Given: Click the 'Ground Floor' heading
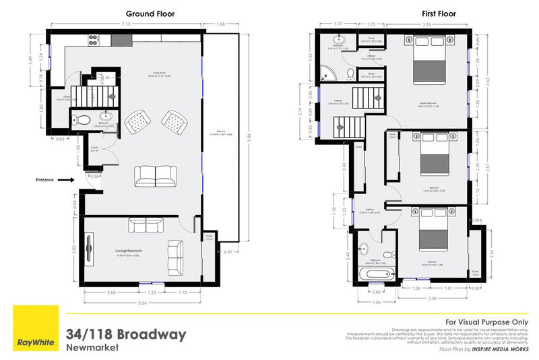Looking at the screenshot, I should point(146,13).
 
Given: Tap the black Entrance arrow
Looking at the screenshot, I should point(65,180).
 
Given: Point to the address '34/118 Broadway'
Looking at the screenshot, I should point(125,334).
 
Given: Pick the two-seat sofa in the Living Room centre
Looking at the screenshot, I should point(155,176).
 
